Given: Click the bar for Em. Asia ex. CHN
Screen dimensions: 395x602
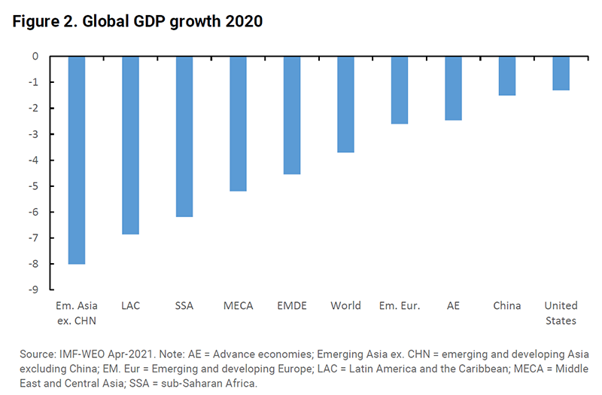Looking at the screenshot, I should (x=77, y=160).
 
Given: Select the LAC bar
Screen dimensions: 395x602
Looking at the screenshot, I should (x=130, y=145).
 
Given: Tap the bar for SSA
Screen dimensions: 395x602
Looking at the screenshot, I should (x=184, y=136).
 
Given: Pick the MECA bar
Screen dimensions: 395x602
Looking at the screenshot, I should (x=238, y=124).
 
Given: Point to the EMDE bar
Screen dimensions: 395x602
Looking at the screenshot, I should (x=291, y=115).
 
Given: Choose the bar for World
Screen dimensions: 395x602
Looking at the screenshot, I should (x=345, y=104).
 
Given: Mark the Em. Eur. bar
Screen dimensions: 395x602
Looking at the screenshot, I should (x=399, y=90).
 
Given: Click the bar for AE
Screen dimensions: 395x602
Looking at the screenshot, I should (x=453, y=88).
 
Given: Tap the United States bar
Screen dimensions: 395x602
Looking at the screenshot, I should (x=561, y=73).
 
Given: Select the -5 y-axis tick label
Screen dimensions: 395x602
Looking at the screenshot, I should (x=35, y=186).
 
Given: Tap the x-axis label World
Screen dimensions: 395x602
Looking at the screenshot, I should (x=345, y=306).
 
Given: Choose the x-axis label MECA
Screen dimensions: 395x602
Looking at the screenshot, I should (x=238, y=306).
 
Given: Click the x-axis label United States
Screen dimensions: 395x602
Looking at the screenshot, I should (x=561, y=313).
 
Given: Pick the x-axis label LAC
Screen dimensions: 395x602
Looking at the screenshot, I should (x=130, y=306).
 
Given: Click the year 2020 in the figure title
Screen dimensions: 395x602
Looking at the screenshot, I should (x=242, y=22).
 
